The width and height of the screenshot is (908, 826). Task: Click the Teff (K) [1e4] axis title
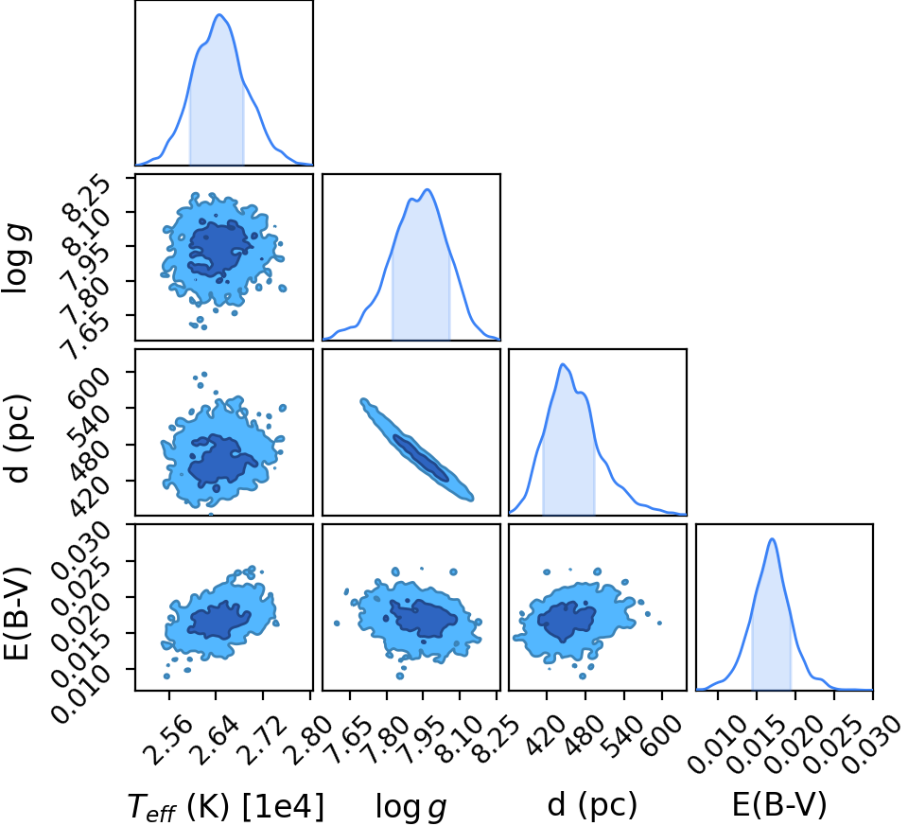tap(225, 806)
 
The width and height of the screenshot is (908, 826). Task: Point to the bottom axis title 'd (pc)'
tap(592, 805)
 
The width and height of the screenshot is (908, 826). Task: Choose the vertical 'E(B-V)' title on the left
tap(16, 607)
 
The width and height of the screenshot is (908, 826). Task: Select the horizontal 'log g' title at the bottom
tap(411, 806)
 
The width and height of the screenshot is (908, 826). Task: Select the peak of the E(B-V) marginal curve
tap(772, 539)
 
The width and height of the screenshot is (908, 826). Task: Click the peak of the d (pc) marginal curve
tap(562, 364)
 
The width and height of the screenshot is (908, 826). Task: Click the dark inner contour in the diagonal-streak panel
tap(421, 458)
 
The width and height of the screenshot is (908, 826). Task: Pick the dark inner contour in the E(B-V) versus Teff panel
tap(218, 620)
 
